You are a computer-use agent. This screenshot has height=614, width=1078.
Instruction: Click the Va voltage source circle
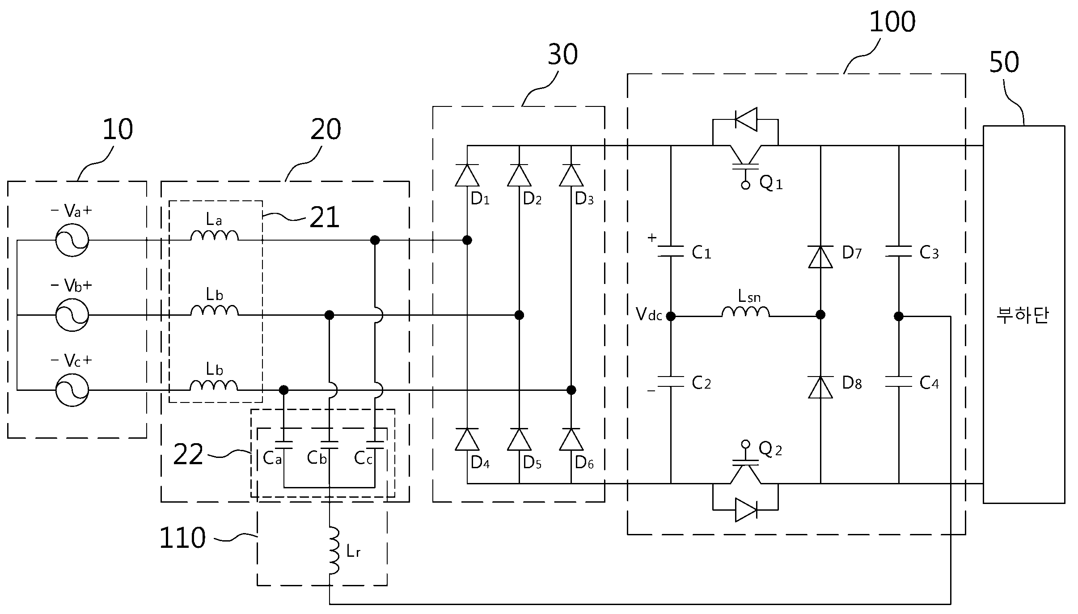72,240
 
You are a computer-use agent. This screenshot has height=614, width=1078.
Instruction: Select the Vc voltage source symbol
72,390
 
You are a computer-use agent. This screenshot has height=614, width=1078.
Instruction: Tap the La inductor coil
215,236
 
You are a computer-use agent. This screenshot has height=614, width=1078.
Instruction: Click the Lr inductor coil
334,551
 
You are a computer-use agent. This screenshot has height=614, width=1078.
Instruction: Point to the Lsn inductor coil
745,311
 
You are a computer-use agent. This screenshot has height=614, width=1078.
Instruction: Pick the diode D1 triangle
467,175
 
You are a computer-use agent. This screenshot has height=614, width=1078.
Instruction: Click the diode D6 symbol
571,439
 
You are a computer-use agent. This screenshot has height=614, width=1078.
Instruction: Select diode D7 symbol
820,257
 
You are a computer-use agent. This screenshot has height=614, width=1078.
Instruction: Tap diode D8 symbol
820,387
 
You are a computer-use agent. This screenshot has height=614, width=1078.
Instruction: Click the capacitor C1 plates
671,251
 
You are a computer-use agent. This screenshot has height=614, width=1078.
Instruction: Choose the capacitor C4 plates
898,381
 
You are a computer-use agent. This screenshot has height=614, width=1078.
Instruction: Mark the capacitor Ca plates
283,444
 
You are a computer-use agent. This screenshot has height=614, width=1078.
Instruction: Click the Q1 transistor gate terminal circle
745,185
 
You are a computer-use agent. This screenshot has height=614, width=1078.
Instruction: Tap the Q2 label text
770,449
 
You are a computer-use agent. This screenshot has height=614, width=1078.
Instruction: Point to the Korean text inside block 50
1023,316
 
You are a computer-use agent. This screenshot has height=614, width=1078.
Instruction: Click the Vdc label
649,315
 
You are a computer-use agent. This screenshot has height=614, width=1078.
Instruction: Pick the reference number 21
325,218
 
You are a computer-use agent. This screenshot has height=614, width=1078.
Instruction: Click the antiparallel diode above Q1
746,119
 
